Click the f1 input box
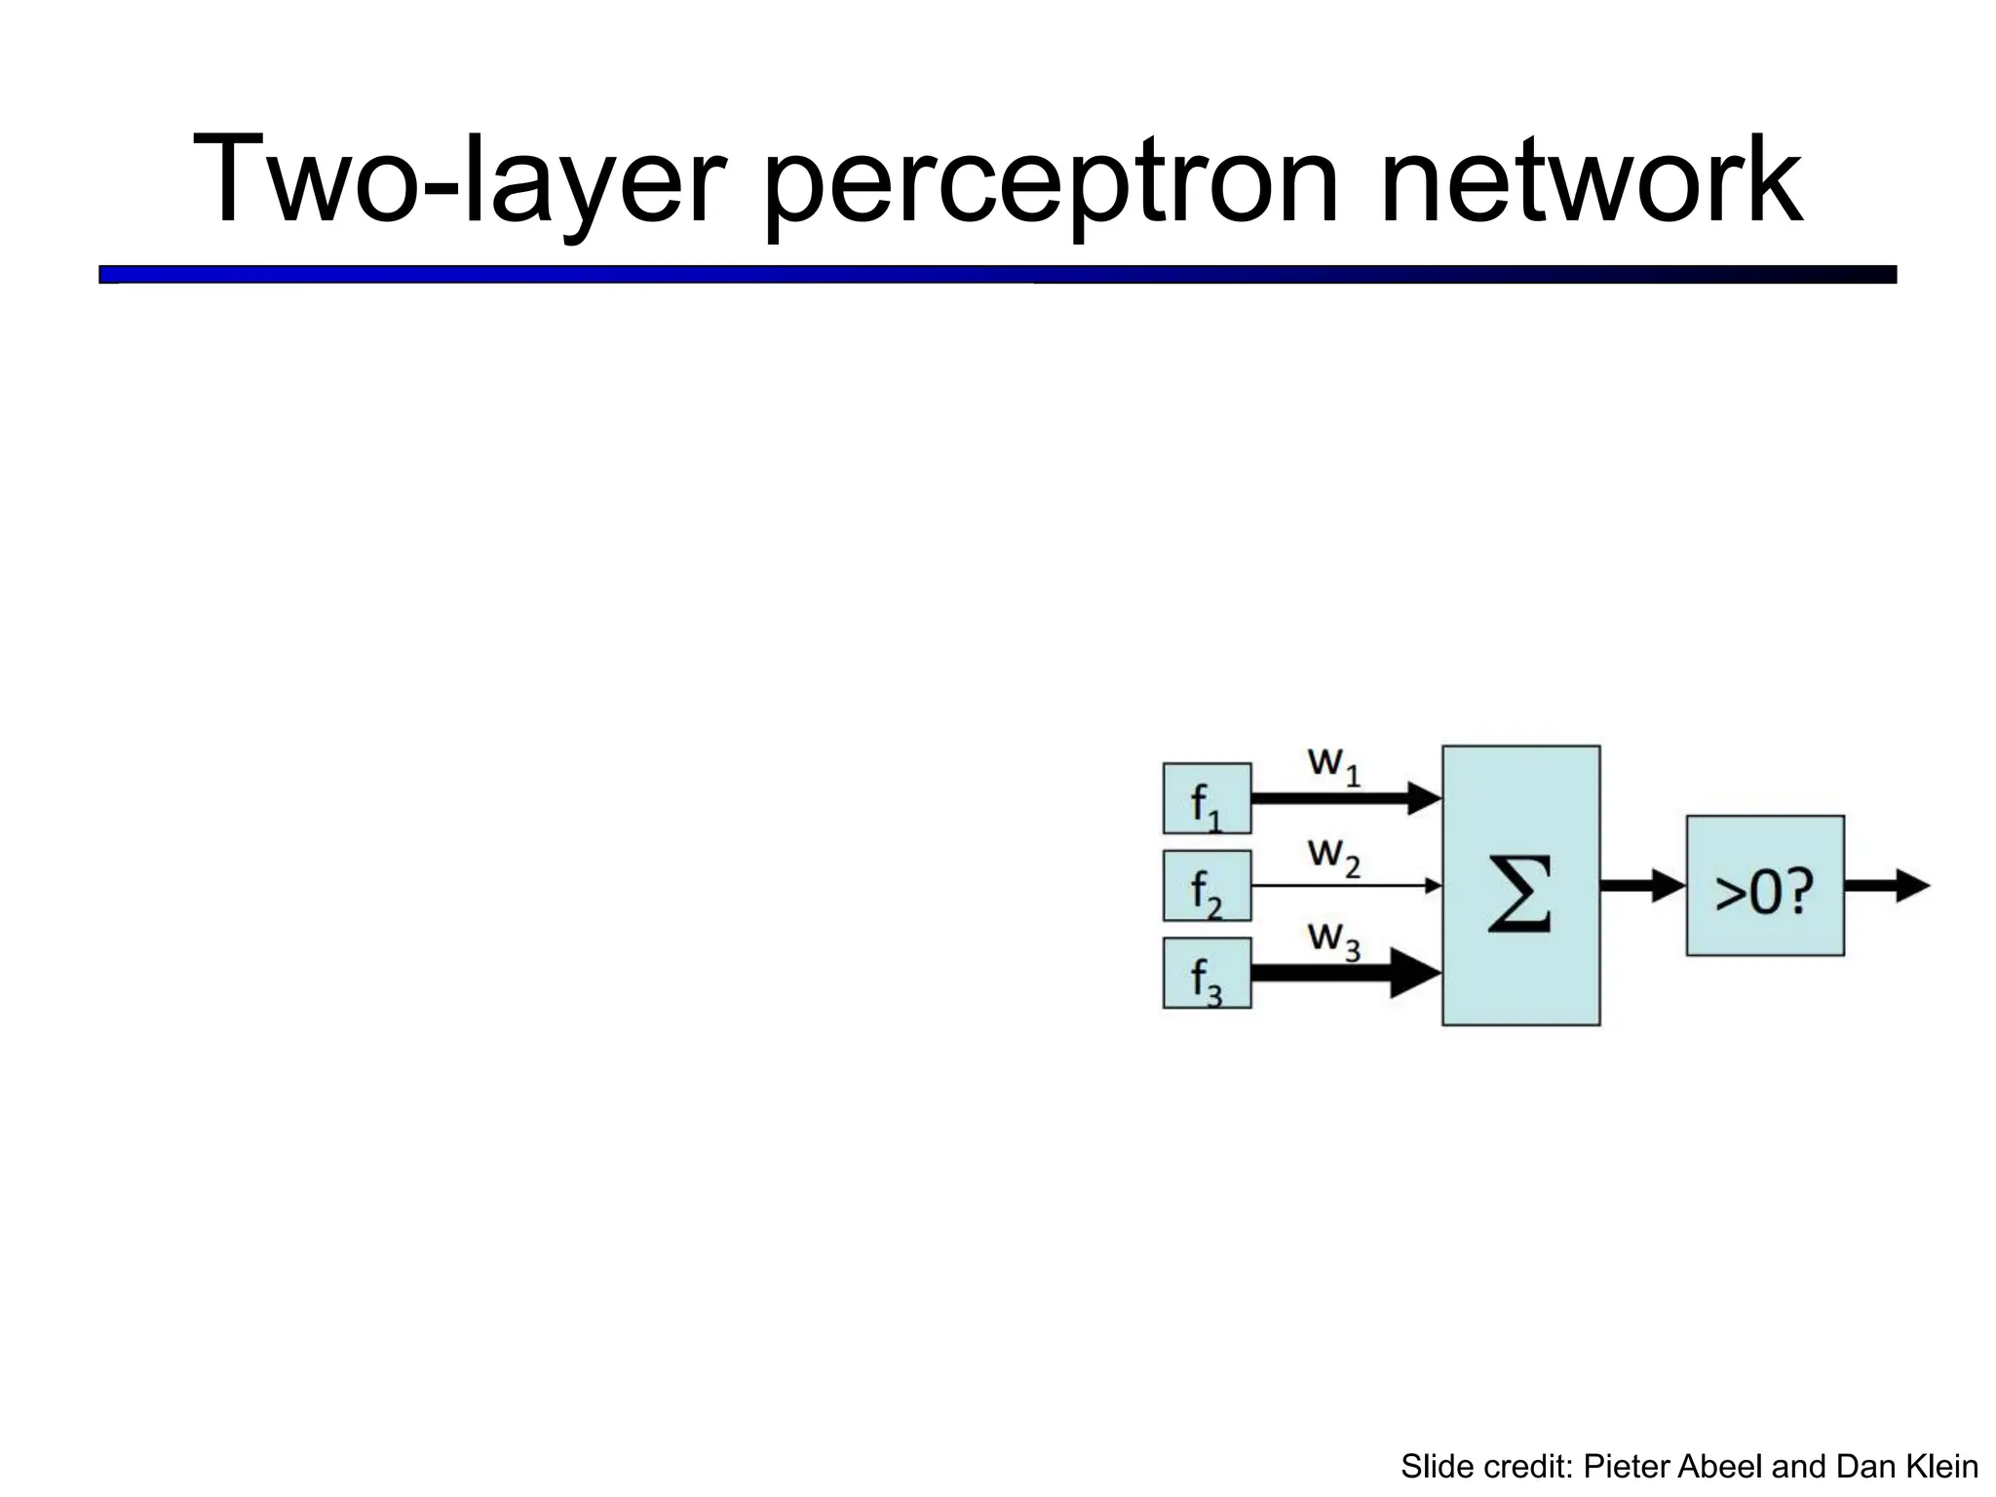1207,798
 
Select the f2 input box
1207,886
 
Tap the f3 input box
1207,973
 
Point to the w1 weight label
1332,764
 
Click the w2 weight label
1332,856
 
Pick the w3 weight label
1332,940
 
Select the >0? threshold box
1765,886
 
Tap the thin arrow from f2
1345,886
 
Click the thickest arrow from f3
1345,973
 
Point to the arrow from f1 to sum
1345,798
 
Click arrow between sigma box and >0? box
1642,886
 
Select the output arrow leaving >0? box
1886,886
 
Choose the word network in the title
1591,180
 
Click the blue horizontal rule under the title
997,275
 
